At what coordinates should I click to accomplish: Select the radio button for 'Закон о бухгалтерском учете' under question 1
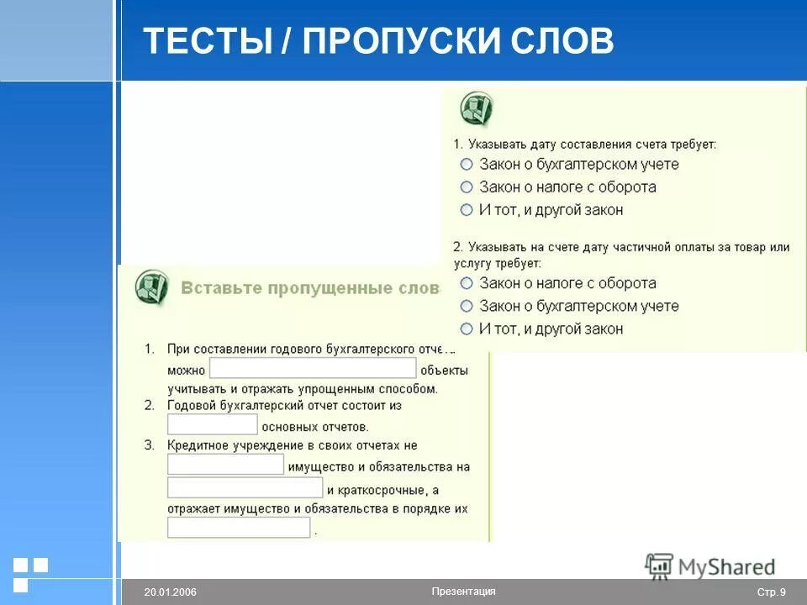(x=467, y=165)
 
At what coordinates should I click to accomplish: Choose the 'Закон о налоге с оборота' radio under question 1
(x=467, y=187)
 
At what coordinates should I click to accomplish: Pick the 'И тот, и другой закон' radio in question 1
(x=467, y=210)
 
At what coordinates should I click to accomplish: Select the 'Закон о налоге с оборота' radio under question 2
(x=467, y=283)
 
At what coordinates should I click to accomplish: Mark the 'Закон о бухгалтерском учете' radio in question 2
(x=467, y=306)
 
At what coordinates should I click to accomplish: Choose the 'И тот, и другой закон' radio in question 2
(x=467, y=329)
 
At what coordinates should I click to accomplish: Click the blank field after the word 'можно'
(x=313, y=369)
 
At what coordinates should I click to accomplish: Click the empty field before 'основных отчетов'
(x=212, y=424)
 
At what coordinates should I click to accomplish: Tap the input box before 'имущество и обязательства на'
(x=225, y=465)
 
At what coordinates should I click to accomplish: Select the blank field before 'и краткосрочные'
(x=245, y=487)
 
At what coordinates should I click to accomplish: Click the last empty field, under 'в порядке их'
(x=239, y=528)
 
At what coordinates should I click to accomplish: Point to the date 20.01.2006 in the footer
(x=170, y=592)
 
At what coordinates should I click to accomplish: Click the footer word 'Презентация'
(x=463, y=591)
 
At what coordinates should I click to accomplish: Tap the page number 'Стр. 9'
(x=771, y=592)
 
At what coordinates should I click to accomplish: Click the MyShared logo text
(x=726, y=568)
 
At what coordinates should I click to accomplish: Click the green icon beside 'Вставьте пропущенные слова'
(x=151, y=288)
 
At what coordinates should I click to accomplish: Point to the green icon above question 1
(x=476, y=110)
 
